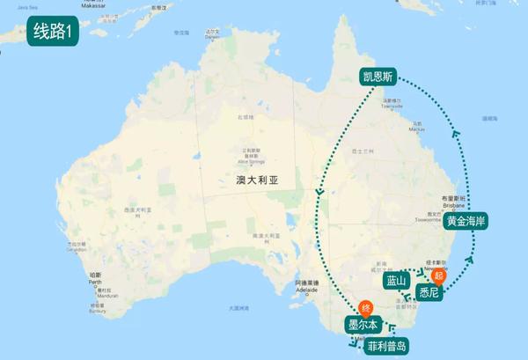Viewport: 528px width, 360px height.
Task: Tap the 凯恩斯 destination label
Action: (378, 77)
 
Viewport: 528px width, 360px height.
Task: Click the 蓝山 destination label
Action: (397, 281)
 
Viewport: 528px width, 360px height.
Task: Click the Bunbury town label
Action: (99, 311)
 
